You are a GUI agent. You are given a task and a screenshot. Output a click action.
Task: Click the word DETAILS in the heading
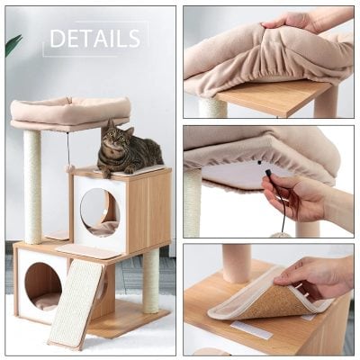pos(94,39)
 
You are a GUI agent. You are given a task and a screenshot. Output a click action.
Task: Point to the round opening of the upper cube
pos(99,211)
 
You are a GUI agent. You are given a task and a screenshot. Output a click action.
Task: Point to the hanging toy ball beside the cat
pos(69,168)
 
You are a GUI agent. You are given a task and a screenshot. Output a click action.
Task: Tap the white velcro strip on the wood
pos(250,329)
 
